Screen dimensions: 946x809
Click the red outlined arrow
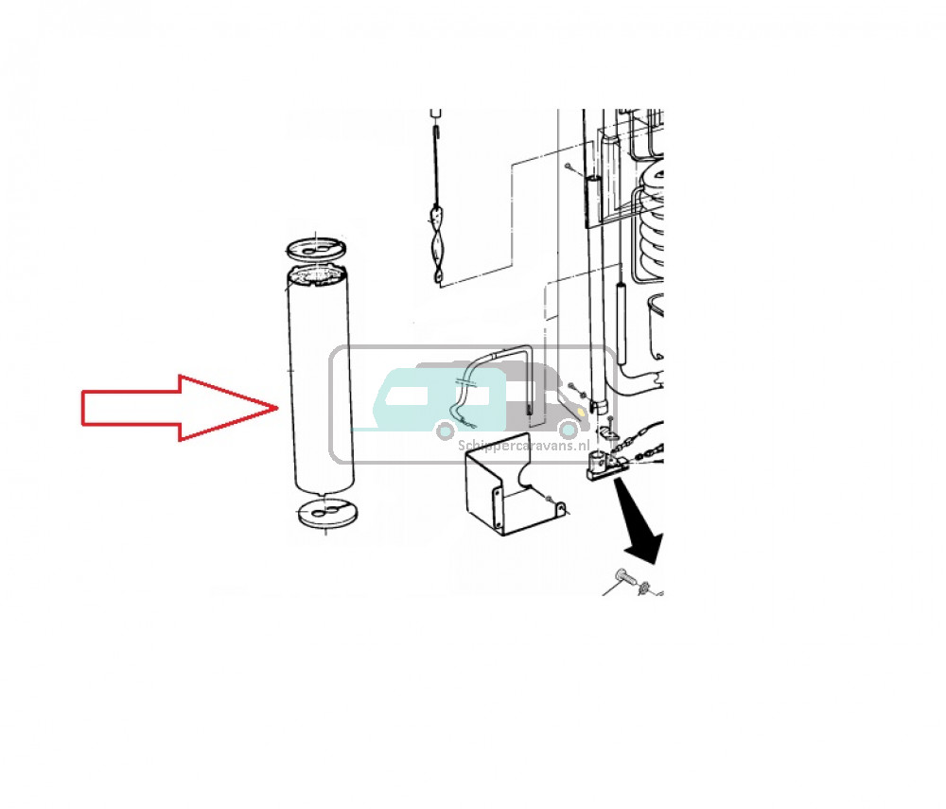179,409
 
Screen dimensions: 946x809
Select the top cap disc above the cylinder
317,248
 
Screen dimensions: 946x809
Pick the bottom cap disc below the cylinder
327,514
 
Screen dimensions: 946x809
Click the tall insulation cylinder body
320,380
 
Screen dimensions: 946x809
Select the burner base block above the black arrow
606,466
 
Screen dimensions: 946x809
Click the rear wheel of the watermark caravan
446,431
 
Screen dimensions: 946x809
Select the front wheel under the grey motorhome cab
568,430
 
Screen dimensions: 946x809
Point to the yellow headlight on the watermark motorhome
580,413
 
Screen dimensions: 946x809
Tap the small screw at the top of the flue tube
568,166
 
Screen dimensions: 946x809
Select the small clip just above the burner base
608,433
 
